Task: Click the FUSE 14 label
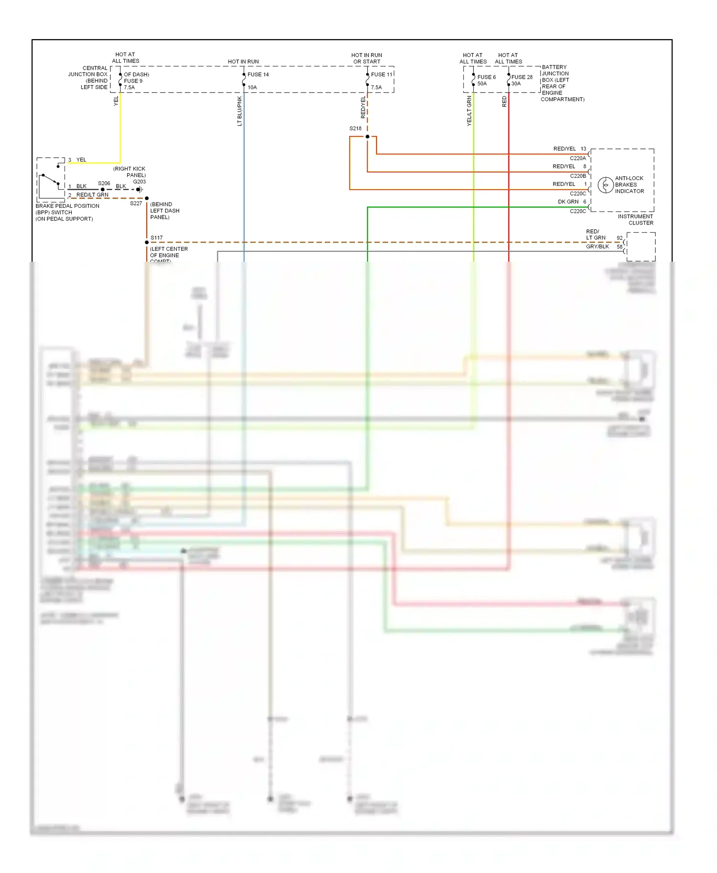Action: [x=258, y=75]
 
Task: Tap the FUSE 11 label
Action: [x=381, y=75]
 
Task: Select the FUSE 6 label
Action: [x=487, y=77]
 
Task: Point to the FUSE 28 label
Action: [x=522, y=77]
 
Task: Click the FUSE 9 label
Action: [x=133, y=81]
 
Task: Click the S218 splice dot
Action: [x=367, y=137]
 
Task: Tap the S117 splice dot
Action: [x=147, y=242]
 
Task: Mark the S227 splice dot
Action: [x=147, y=198]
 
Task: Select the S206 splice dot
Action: [x=103, y=190]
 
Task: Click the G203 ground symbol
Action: [x=139, y=190]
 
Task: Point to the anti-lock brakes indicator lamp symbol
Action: [x=606, y=185]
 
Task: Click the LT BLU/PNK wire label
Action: [x=239, y=111]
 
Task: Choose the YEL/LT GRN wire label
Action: [x=469, y=111]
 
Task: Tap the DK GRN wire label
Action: [x=568, y=202]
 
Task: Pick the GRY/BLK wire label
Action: [x=597, y=246]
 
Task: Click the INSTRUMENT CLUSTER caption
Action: [x=635, y=220]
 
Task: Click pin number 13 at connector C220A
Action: [x=583, y=149]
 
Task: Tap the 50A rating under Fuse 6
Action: [x=482, y=84]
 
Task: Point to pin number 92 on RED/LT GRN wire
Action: [x=619, y=238]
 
